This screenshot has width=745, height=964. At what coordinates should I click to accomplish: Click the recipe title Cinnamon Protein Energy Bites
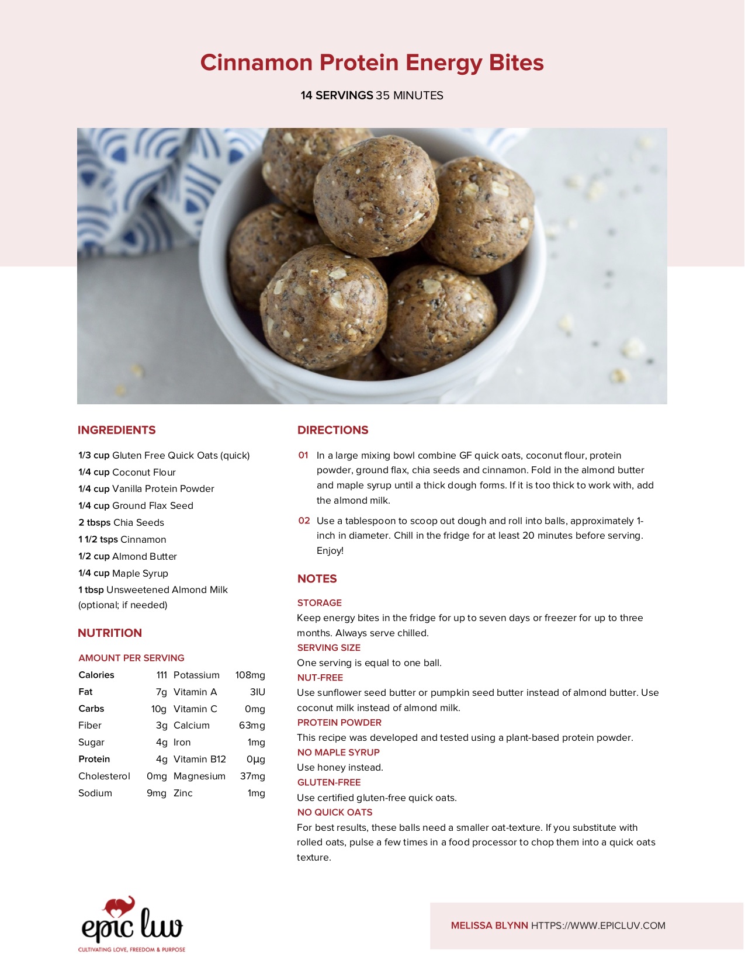pyautogui.click(x=372, y=63)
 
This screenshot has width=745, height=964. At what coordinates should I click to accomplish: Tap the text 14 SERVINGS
pyautogui.click(x=337, y=95)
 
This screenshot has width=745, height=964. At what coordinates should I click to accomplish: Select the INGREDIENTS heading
pyautogui.click(x=116, y=430)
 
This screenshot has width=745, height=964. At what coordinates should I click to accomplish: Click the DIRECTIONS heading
pyautogui.click(x=332, y=430)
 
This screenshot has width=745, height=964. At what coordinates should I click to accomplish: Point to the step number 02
pyautogui.click(x=304, y=521)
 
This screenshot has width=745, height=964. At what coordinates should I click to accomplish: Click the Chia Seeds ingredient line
pyautogui.click(x=121, y=522)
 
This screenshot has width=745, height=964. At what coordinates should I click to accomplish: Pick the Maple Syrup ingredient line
pyautogui.click(x=123, y=573)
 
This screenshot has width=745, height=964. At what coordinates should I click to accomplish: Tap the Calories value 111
pyautogui.click(x=161, y=675)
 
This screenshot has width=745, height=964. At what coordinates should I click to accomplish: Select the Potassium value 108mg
pyautogui.click(x=250, y=675)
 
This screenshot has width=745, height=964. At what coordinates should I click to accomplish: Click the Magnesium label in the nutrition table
pyautogui.click(x=199, y=776)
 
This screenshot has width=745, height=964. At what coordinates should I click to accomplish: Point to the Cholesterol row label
pyautogui.click(x=104, y=776)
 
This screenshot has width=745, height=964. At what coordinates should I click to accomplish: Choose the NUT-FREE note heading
pyautogui.click(x=320, y=678)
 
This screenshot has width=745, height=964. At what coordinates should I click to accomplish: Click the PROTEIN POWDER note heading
pyautogui.click(x=339, y=723)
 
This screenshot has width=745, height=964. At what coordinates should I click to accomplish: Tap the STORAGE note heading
pyautogui.click(x=319, y=603)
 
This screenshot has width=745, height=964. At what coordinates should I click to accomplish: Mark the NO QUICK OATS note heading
pyautogui.click(x=334, y=812)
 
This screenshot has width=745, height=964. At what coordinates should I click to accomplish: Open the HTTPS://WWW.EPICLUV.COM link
pyautogui.click(x=598, y=925)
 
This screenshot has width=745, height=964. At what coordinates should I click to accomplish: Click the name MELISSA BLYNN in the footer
pyautogui.click(x=489, y=925)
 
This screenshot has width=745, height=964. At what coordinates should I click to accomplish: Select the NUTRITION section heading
pyautogui.click(x=109, y=633)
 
